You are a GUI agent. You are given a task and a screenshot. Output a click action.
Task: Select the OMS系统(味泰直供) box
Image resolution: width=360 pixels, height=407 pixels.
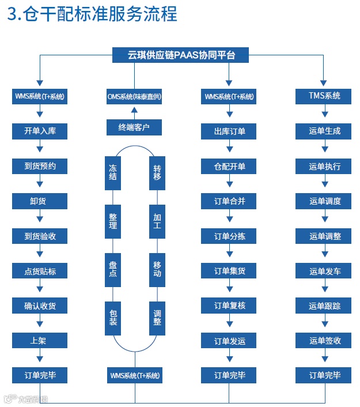(134, 96)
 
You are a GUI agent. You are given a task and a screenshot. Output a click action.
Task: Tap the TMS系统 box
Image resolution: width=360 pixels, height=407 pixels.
(324, 96)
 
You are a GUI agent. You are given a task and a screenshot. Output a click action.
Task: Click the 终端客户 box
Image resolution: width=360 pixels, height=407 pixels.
(134, 127)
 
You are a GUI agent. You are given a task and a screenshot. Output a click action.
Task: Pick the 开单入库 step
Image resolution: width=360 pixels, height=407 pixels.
(40, 131)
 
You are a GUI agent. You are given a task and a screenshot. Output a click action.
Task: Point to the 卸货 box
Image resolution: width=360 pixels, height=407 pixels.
(40, 201)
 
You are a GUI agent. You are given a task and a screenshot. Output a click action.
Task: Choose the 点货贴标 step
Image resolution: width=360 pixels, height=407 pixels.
(40, 271)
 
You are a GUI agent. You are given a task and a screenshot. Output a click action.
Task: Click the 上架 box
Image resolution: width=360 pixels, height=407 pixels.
(40, 341)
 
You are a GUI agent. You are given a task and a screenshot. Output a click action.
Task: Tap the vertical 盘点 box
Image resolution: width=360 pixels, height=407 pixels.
(112, 269)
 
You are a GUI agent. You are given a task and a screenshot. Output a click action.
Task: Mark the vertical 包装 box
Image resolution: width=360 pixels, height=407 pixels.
(112, 318)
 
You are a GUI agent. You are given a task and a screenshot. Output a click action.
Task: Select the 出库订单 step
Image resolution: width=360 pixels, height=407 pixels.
(229, 131)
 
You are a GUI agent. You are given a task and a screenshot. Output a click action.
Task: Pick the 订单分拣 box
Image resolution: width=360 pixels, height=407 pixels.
(229, 236)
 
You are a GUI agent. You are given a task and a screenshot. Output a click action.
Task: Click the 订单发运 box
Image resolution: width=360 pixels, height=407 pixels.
(229, 341)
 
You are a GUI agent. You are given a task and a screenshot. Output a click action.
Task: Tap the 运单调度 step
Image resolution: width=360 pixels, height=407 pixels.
(324, 201)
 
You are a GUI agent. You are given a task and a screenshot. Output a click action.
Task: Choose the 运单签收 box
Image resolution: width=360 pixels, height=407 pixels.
(324, 341)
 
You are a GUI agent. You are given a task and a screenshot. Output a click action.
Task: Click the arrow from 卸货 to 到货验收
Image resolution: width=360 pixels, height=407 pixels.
(40, 218)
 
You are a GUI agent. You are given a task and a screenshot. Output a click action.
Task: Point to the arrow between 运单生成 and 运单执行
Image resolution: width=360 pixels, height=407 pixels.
(324, 149)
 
